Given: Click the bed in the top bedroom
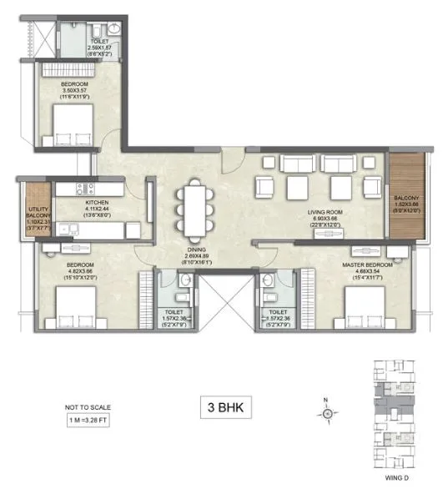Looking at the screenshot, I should coord(75,126).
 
